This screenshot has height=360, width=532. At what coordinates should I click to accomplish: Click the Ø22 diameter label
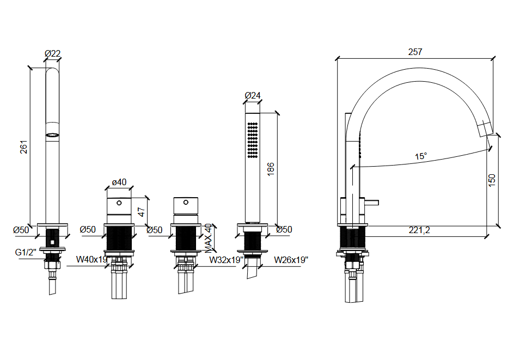(x=52, y=53)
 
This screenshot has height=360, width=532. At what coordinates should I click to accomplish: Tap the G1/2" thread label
(x=26, y=252)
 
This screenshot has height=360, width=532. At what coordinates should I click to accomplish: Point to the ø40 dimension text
(x=119, y=182)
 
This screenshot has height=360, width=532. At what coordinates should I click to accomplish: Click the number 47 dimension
(x=142, y=212)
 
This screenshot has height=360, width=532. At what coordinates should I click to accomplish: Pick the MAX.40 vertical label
(x=209, y=239)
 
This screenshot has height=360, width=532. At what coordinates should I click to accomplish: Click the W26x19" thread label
(x=291, y=260)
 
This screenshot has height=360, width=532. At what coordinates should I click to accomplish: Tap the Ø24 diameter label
(x=253, y=95)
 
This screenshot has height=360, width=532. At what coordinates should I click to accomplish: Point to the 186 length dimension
(x=271, y=168)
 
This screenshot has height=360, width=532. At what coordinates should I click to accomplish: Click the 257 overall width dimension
(x=415, y=52)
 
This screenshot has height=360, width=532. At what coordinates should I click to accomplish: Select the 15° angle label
(x=420, y=156)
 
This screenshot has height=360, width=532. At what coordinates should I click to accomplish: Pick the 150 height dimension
(x=492, y=180)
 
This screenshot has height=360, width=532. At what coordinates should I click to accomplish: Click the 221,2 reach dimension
(x=419, y=230)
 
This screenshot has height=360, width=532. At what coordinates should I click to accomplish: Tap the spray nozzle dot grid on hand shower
(x=253, y=140)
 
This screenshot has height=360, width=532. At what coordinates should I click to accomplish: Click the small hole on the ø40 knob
(x=119, y=203)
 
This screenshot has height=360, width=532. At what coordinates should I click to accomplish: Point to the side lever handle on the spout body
(x=372, y=204)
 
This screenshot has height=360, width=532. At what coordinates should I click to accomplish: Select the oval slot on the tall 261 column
(x=52, y=133)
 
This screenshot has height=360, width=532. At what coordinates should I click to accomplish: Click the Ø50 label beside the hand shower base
(x=284, y=230)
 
